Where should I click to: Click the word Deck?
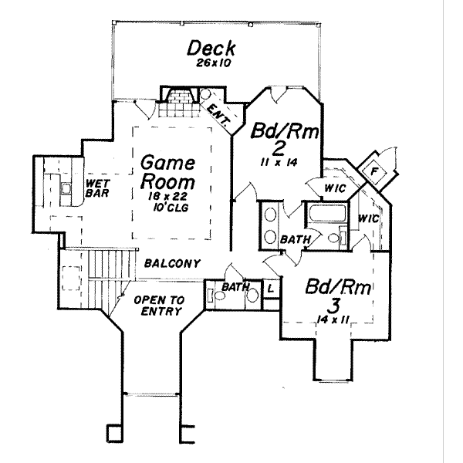tap(210, 49)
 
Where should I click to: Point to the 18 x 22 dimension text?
tap(167, 198)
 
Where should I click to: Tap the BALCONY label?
tap(172, 264)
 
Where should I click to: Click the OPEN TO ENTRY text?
tap(157, 306)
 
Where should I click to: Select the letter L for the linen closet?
tap(271, 289)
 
